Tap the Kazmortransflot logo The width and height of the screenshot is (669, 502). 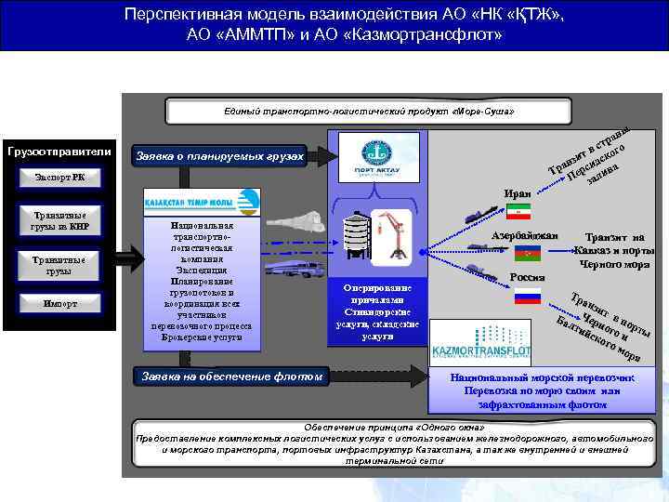(480, 344)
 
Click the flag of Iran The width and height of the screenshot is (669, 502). (518, 211)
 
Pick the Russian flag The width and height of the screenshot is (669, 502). (528, 296)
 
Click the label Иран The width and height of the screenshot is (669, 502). (516, 193)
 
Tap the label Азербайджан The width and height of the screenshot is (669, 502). (524, 235)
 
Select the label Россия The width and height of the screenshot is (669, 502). (527, 277)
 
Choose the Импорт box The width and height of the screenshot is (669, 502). (59, 304)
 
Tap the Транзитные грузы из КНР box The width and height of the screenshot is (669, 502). (59, 220)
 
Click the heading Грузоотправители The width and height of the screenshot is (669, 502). (59, 151)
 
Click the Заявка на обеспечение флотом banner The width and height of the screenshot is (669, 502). (231, 376)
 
